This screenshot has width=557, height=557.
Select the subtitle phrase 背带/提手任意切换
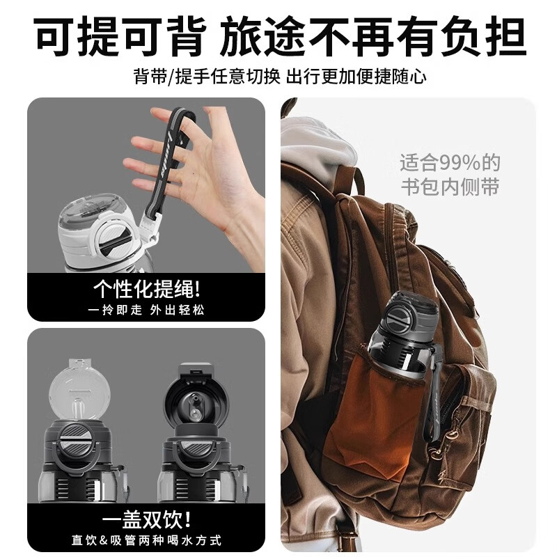[x=207, y=76]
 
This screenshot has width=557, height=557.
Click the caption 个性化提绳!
[x=146, y=288]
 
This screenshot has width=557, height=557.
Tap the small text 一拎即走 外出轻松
[x=146, y=308]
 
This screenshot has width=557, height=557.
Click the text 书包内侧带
[x=450, y=187]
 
